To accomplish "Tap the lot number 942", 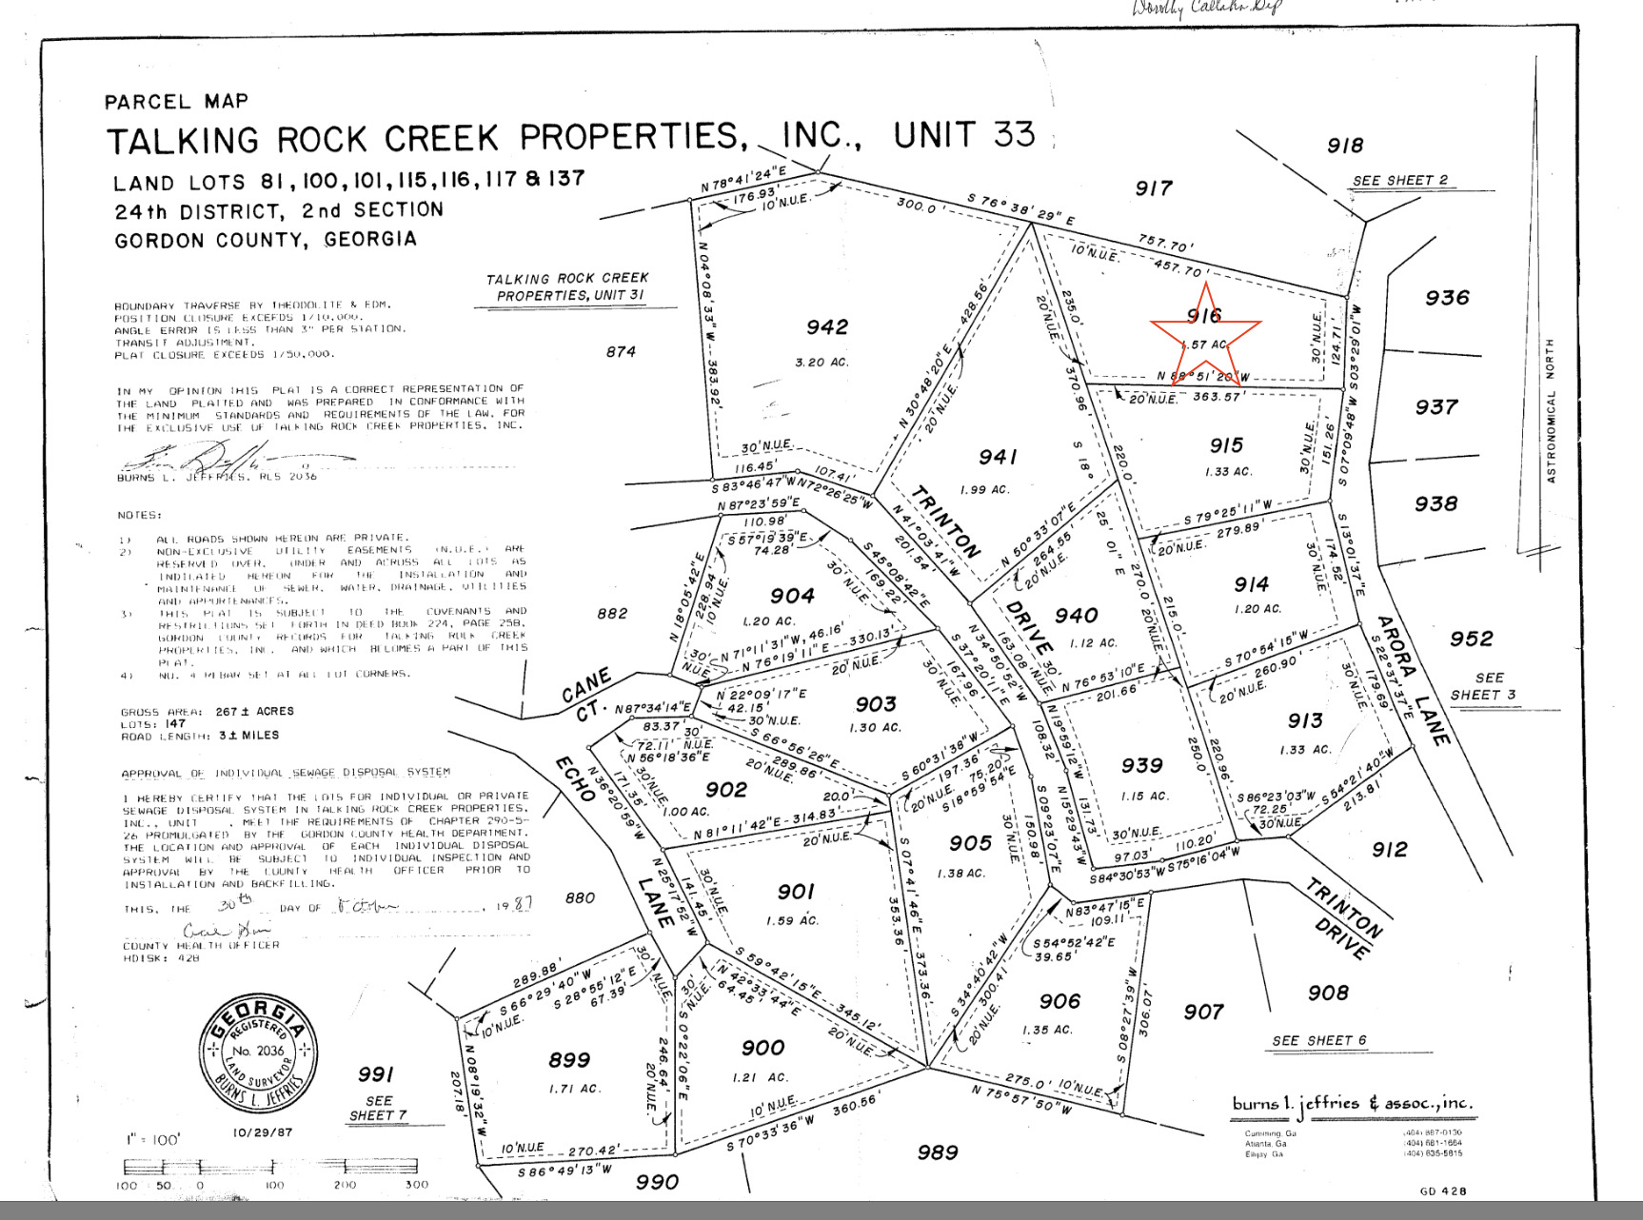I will tap(826, 327).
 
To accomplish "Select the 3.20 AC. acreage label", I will tap(821, 363).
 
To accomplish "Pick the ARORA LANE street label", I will tap(1413, 679).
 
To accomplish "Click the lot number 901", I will tap(796, 892).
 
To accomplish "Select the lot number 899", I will tap(569, 1060).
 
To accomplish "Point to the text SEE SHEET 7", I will tap(378, 1108).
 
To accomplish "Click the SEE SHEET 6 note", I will tap(1318, 1041).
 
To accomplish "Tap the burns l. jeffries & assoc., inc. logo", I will tap(1352, 1104).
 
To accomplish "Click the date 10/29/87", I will tap(263, 1133).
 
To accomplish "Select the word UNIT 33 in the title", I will tap(963, 135).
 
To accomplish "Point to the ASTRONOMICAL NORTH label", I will tap(1551, 410).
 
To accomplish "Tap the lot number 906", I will tap(1059, 1001).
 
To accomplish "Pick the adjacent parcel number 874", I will tap(621, 352).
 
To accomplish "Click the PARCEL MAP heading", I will tap(176, 102).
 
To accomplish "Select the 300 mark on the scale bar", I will tap(417, 1185).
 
